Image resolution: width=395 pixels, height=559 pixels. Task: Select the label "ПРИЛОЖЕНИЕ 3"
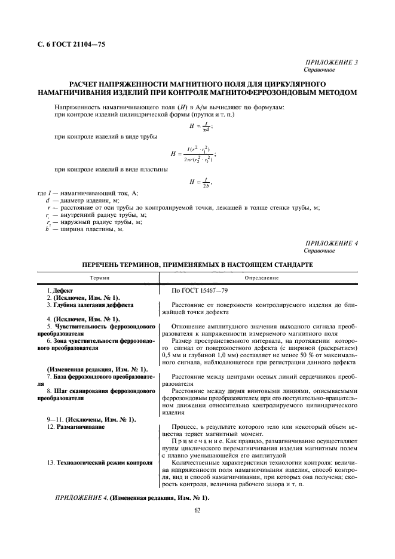click(x=331, y=62)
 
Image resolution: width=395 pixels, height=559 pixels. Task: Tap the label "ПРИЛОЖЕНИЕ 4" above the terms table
click(x=331, y=244)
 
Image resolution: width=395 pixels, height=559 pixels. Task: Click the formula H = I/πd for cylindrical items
click(x=201, y=126)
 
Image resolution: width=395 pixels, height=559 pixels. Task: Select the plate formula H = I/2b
click(x=201, y=182)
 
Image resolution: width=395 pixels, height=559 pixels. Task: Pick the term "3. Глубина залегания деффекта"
click(x=90, y=305)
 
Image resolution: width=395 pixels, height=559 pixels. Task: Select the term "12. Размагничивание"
click(x=77, y=428)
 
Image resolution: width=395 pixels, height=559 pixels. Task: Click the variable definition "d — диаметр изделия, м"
click(x=81, y=201)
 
